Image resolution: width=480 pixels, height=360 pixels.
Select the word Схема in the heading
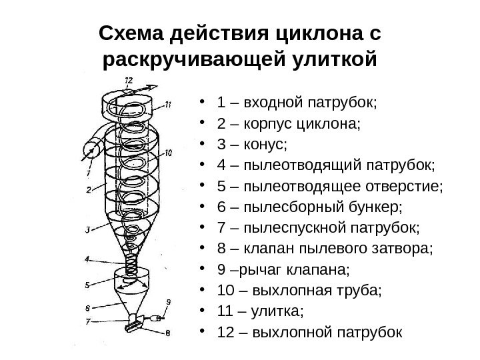click(129, 33)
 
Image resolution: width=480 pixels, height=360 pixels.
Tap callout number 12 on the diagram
click(128, 81)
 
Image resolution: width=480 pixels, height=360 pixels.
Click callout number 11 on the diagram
click(169, 104)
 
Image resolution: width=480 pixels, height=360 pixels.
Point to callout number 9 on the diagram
click(168, 301)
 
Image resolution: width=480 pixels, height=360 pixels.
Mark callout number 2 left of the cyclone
click(88, 190)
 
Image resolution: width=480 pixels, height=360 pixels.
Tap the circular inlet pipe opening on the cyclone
click(90, 150)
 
